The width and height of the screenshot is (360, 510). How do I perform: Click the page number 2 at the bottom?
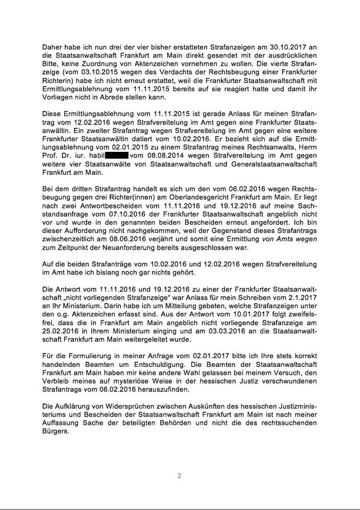(179, 476)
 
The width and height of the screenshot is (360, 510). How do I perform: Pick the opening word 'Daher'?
(53, 47)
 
